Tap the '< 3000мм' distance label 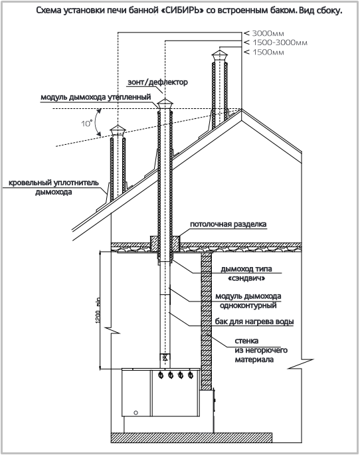(x=264, y=33)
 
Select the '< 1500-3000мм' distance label (x=276, y=43)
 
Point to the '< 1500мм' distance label (x=264, y=52)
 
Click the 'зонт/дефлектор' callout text (x=157, y=82)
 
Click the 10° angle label (x=86, y=124)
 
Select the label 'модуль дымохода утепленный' (x=96, y=97)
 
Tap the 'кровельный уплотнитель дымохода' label (x=54, y=187)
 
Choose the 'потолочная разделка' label (x=228, y=225)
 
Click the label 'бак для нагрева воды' (x=254, y=321)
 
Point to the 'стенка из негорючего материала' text (x=261, y=350)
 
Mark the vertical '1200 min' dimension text (x=98, y=310)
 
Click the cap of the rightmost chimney (x=220, y=55)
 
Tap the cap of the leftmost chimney (x=118, y=130)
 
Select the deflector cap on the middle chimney (x=165, y=104)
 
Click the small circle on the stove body (x=135, y=412)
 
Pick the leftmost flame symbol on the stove (x=161, y=375)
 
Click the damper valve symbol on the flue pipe (x=165, y=357)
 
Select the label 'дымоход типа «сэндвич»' (x=246, y=274)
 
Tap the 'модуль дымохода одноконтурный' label (x=248, y=301)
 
